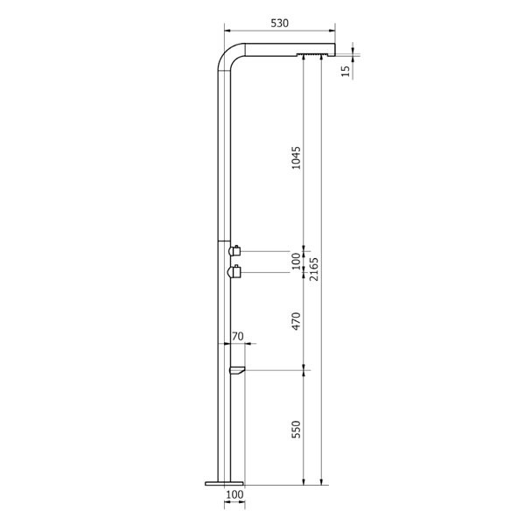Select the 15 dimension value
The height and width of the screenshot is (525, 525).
[x=346, y=69]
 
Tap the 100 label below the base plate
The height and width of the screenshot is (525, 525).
[x=234, y=495]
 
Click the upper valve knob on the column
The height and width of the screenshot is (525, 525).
[x=234, y=250]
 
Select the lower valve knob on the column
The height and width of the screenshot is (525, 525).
[x=234, y=273]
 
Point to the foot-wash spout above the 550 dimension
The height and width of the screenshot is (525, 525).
[x=236, y=372]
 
